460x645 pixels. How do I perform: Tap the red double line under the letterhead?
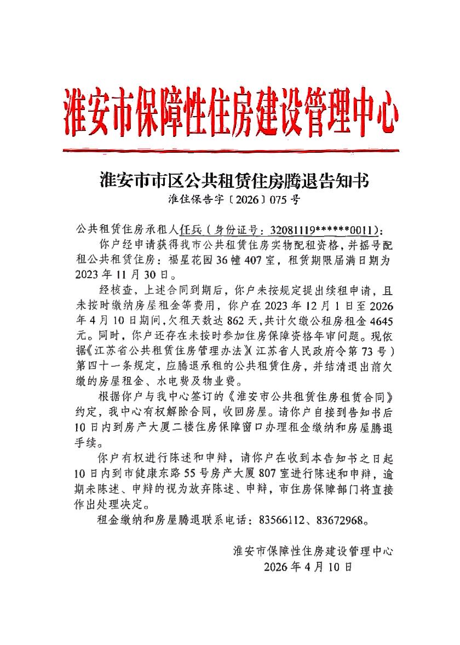(231, 149)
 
